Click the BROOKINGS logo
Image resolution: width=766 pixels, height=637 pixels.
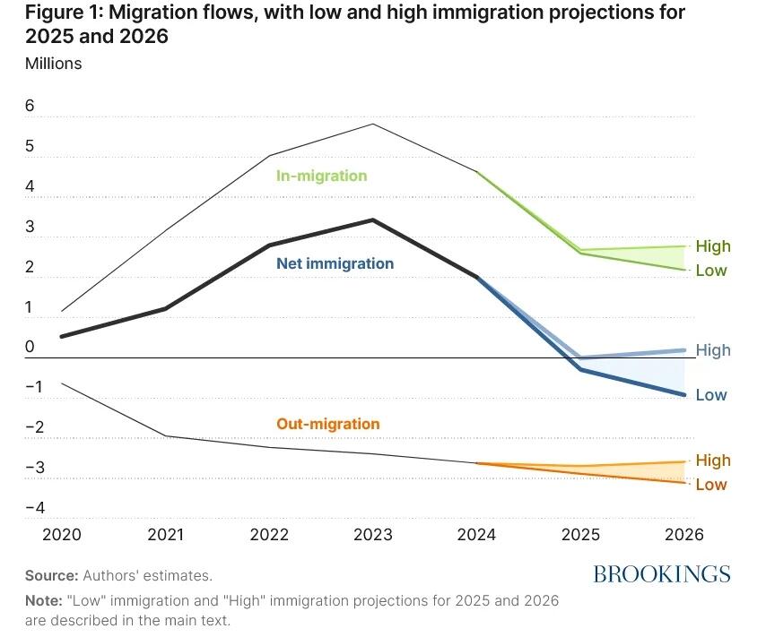662,574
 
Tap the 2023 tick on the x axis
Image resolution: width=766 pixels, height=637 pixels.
372,534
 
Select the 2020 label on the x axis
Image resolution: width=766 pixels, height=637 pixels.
62,534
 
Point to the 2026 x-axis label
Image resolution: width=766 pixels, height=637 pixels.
684,534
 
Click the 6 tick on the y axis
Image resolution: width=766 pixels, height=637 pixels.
30,106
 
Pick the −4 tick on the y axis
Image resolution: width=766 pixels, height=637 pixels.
35,507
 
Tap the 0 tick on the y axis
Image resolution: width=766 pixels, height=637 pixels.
30,347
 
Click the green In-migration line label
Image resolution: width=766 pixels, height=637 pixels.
321,176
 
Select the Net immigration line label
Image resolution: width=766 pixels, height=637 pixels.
335,263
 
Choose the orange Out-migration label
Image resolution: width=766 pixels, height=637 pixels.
327,424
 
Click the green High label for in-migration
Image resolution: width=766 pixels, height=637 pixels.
713,246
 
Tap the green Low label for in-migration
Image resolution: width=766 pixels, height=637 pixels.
711,271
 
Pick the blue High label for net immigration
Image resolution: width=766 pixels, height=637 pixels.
713,350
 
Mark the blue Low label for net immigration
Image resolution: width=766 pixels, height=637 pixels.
711,395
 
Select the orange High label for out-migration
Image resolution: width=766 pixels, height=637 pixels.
713,461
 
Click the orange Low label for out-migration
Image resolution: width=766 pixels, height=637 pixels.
711,485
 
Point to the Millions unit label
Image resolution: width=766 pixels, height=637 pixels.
53,64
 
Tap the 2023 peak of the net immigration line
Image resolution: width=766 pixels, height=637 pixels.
372,220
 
